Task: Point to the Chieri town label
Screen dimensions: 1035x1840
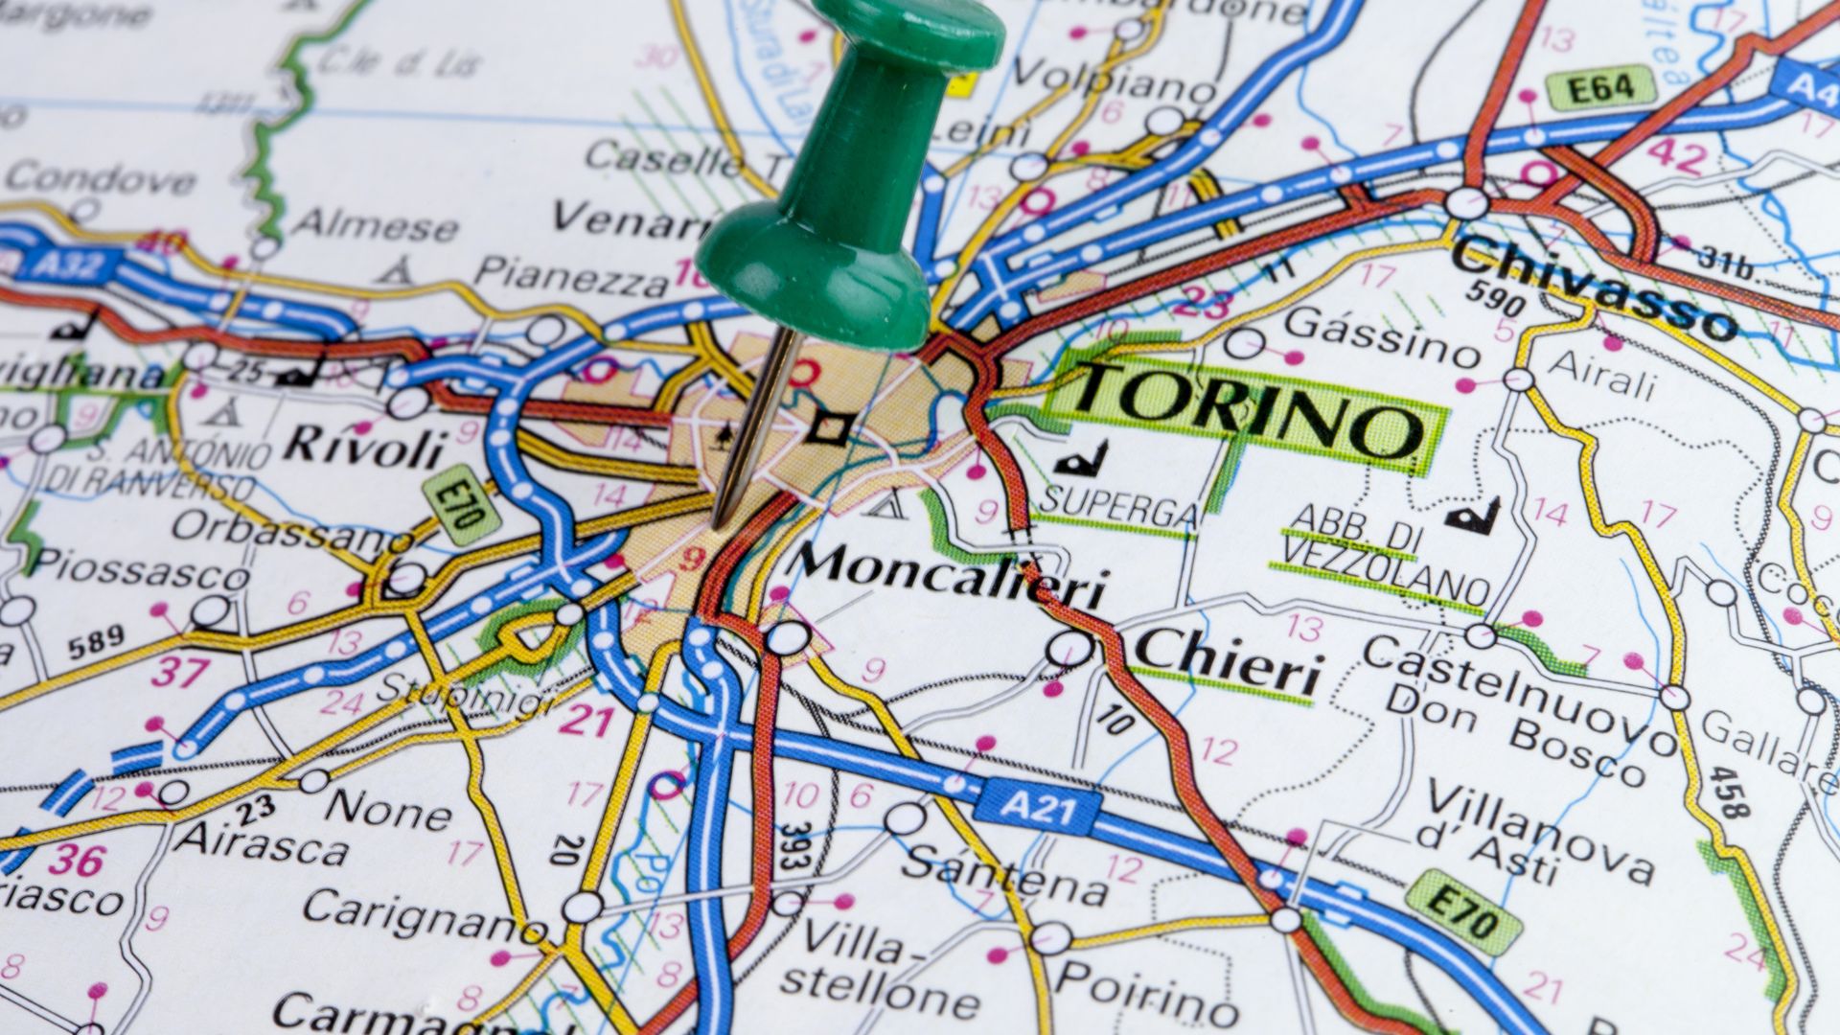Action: tap(1227, 660)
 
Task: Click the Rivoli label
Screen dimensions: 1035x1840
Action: tap(366, 446)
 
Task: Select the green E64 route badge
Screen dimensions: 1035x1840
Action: tap(1601, 89)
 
